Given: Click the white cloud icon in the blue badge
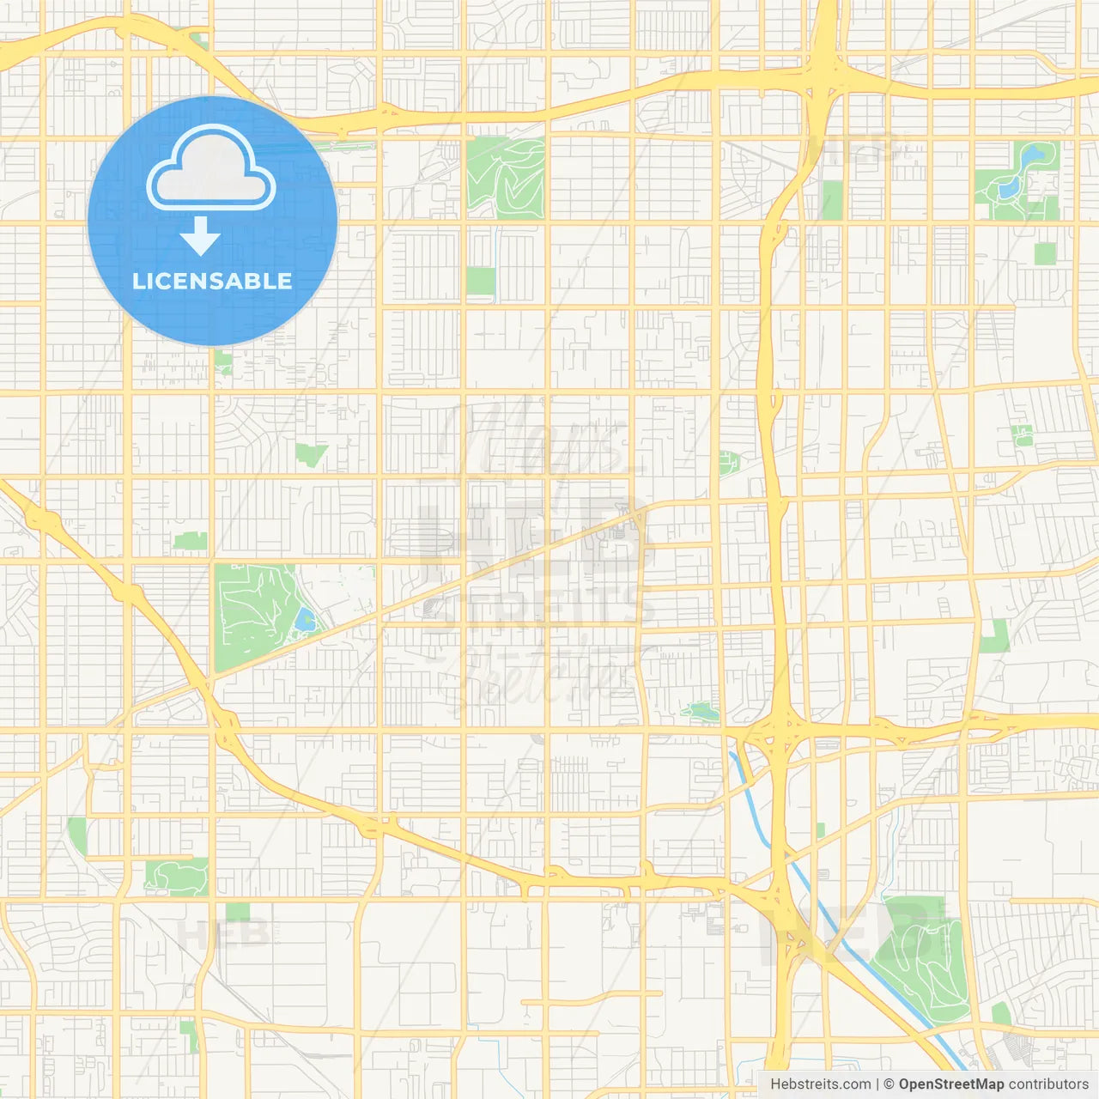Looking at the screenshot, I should click(x=211, y=168).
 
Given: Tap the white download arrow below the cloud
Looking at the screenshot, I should click(x=200, y=236).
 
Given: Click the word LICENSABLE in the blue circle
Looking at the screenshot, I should click(x=212, y=281).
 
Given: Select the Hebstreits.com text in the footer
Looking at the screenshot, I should click(x=820, y=1084).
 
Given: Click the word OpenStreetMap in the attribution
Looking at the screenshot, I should click(x=950, y=1084).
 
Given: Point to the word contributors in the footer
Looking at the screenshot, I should click(x=1048, y=1084).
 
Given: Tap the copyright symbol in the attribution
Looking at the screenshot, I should click(x=889, y=1084).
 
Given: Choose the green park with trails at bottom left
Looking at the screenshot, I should click(x=177, y=877).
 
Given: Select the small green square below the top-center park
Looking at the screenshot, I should click(x=481, y=281).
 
